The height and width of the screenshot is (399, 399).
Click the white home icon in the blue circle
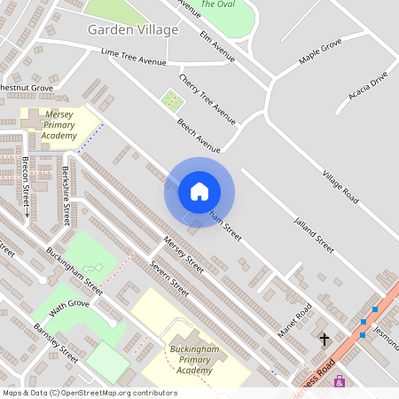click(199, 192)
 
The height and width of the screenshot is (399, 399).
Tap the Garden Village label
click(133, 29)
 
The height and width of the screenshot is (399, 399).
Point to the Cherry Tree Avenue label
click(207, 98)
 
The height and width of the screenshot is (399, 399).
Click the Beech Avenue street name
click(198, 135)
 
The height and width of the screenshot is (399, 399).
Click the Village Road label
click(340, 186)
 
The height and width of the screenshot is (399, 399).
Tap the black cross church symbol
click(325, 339)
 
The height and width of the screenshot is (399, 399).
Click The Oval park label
click(217, 4)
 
